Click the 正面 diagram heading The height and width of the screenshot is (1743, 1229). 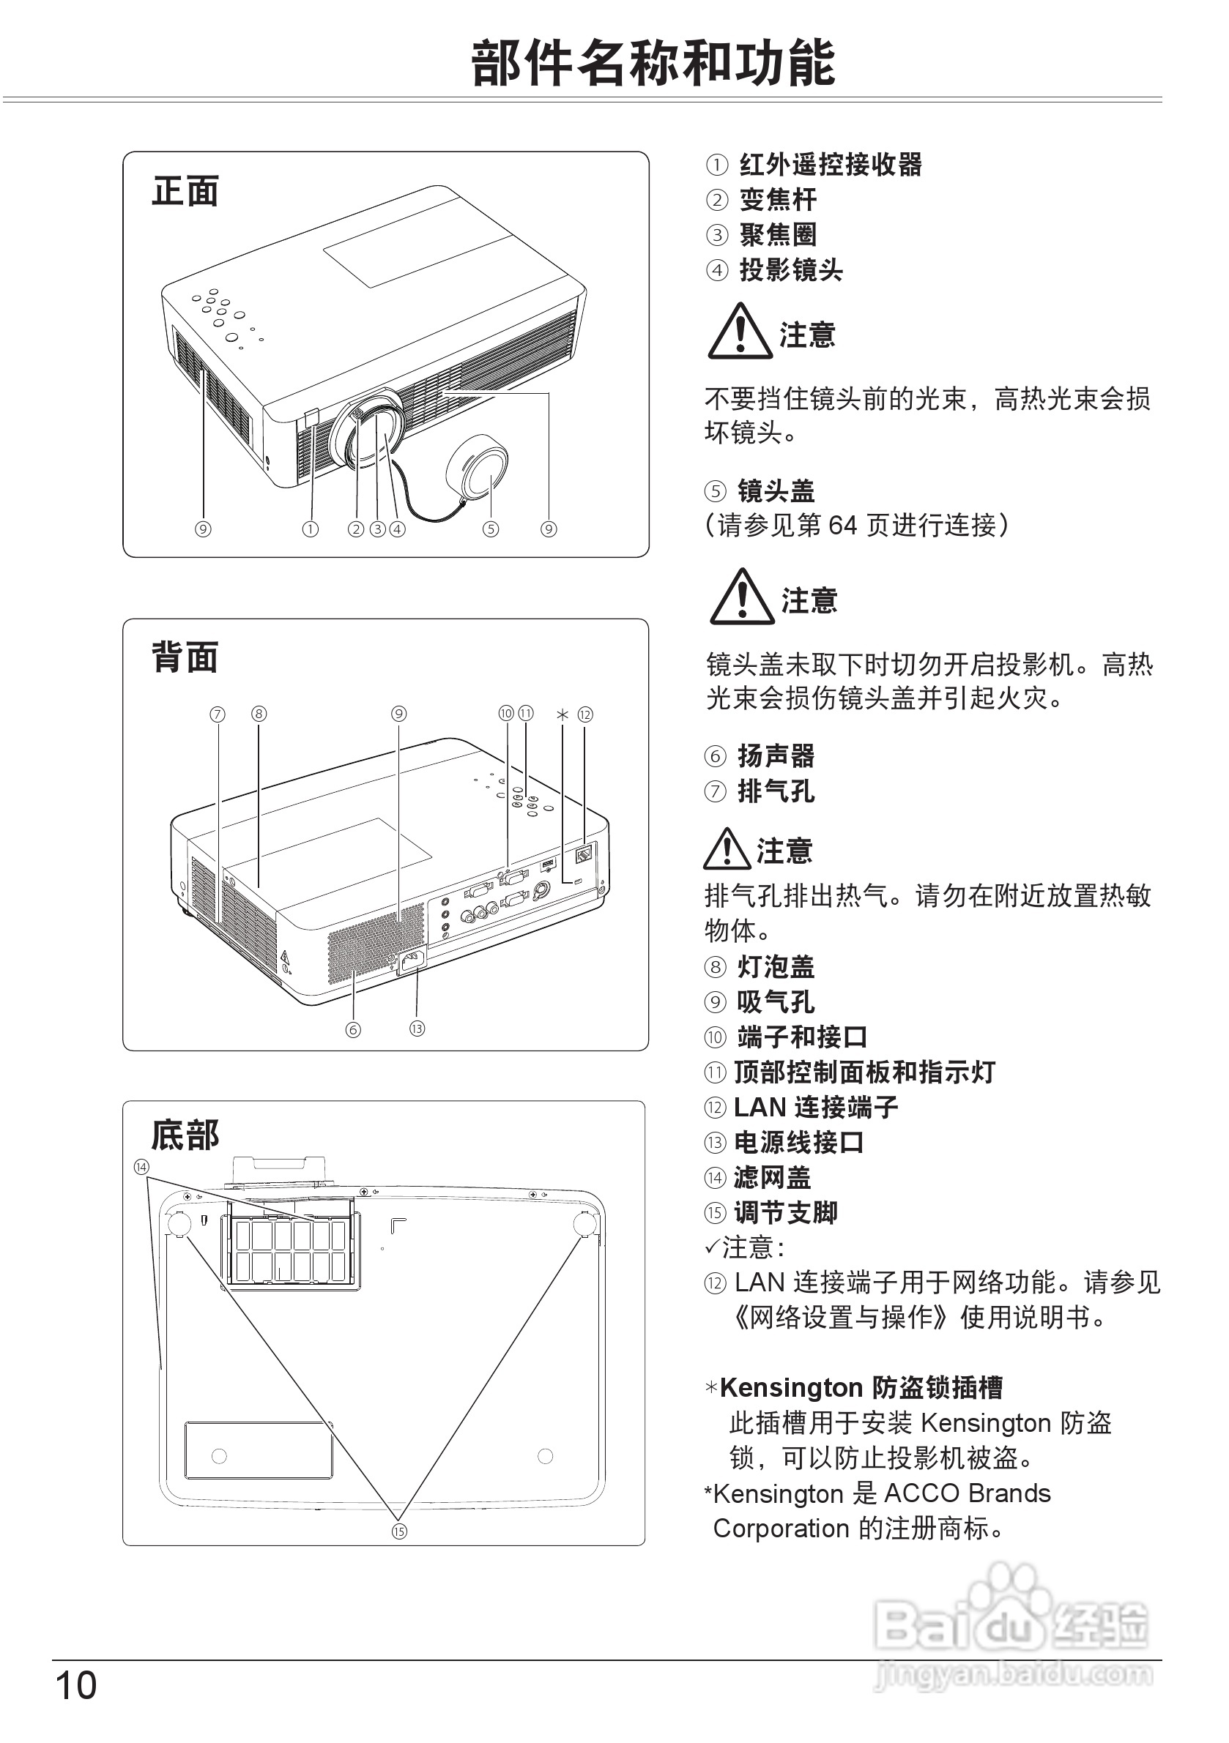[x=185, y=190]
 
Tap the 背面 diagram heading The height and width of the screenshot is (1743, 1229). [x=185, y=657]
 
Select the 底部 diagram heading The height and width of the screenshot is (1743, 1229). [x=185, y=1136]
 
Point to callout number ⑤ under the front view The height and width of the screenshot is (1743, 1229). [x=491, y=529]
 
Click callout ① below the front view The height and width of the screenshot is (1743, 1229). [x=310, y=529]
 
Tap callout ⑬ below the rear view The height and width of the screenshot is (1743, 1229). [x=417, y=1029]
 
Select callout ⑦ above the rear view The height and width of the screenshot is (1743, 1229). [x=218, y=714]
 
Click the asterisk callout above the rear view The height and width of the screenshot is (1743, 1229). [x=562, y=714]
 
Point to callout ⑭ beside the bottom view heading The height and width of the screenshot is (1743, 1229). [x=141, y=1166]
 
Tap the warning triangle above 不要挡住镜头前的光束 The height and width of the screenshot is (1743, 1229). [x=739, y=332]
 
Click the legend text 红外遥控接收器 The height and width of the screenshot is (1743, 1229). [x=831, y=165]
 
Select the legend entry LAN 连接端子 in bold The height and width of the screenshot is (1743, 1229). [x=815, y=1108]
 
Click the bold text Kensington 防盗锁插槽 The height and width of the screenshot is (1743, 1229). [x=861, y=1388]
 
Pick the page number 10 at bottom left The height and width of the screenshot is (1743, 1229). [x=76, y=1685]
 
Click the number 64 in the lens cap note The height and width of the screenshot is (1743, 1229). [x=842, y=526]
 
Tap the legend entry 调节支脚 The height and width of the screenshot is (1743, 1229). [x=784, y=1212]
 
